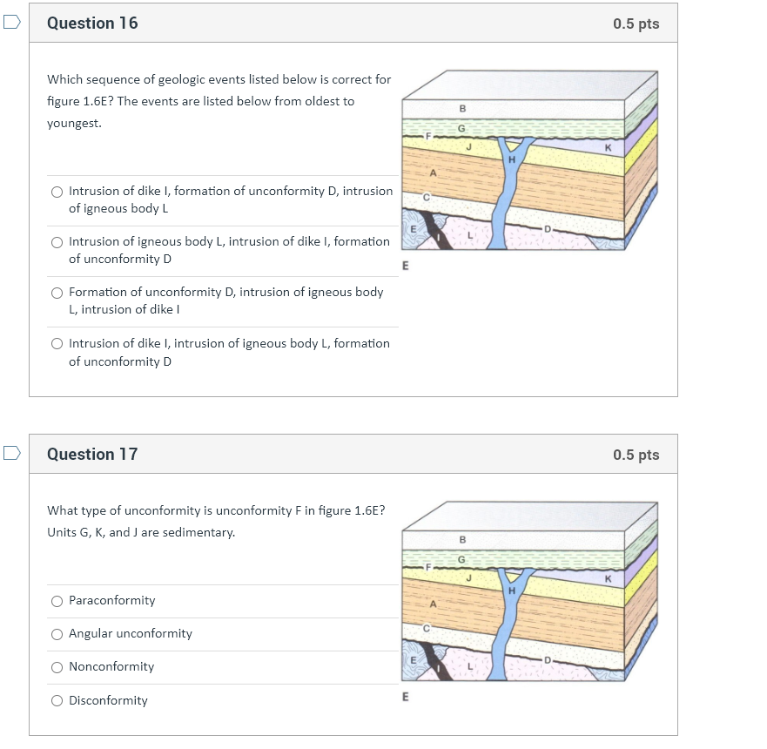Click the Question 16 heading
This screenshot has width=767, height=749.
[x=92, y=24]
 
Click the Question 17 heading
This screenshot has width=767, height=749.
[x=92, y=454]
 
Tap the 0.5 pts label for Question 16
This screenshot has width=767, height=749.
[x=636, y=24]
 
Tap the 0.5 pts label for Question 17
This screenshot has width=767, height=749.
[x=636, y=455]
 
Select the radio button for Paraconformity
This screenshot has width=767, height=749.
[x=57, y=601]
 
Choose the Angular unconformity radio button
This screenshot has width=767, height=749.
[x=57, y=634]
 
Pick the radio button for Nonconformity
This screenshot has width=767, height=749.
[x=57, y=667]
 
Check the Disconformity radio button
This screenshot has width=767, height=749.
[x=57, y=701]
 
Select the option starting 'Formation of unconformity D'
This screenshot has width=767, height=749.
[x=57, y=293]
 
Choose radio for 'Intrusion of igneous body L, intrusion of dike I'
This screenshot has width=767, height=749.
[x=57, y=242]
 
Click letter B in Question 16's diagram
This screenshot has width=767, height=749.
[x=462, y=109]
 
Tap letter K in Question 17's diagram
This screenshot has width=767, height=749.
[x=608, y=579]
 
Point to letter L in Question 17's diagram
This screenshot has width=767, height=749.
[x=469, y=666]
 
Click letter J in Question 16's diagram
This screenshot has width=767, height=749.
[x=468, y=145]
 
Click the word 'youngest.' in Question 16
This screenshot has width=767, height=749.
[x=74, y=124]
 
